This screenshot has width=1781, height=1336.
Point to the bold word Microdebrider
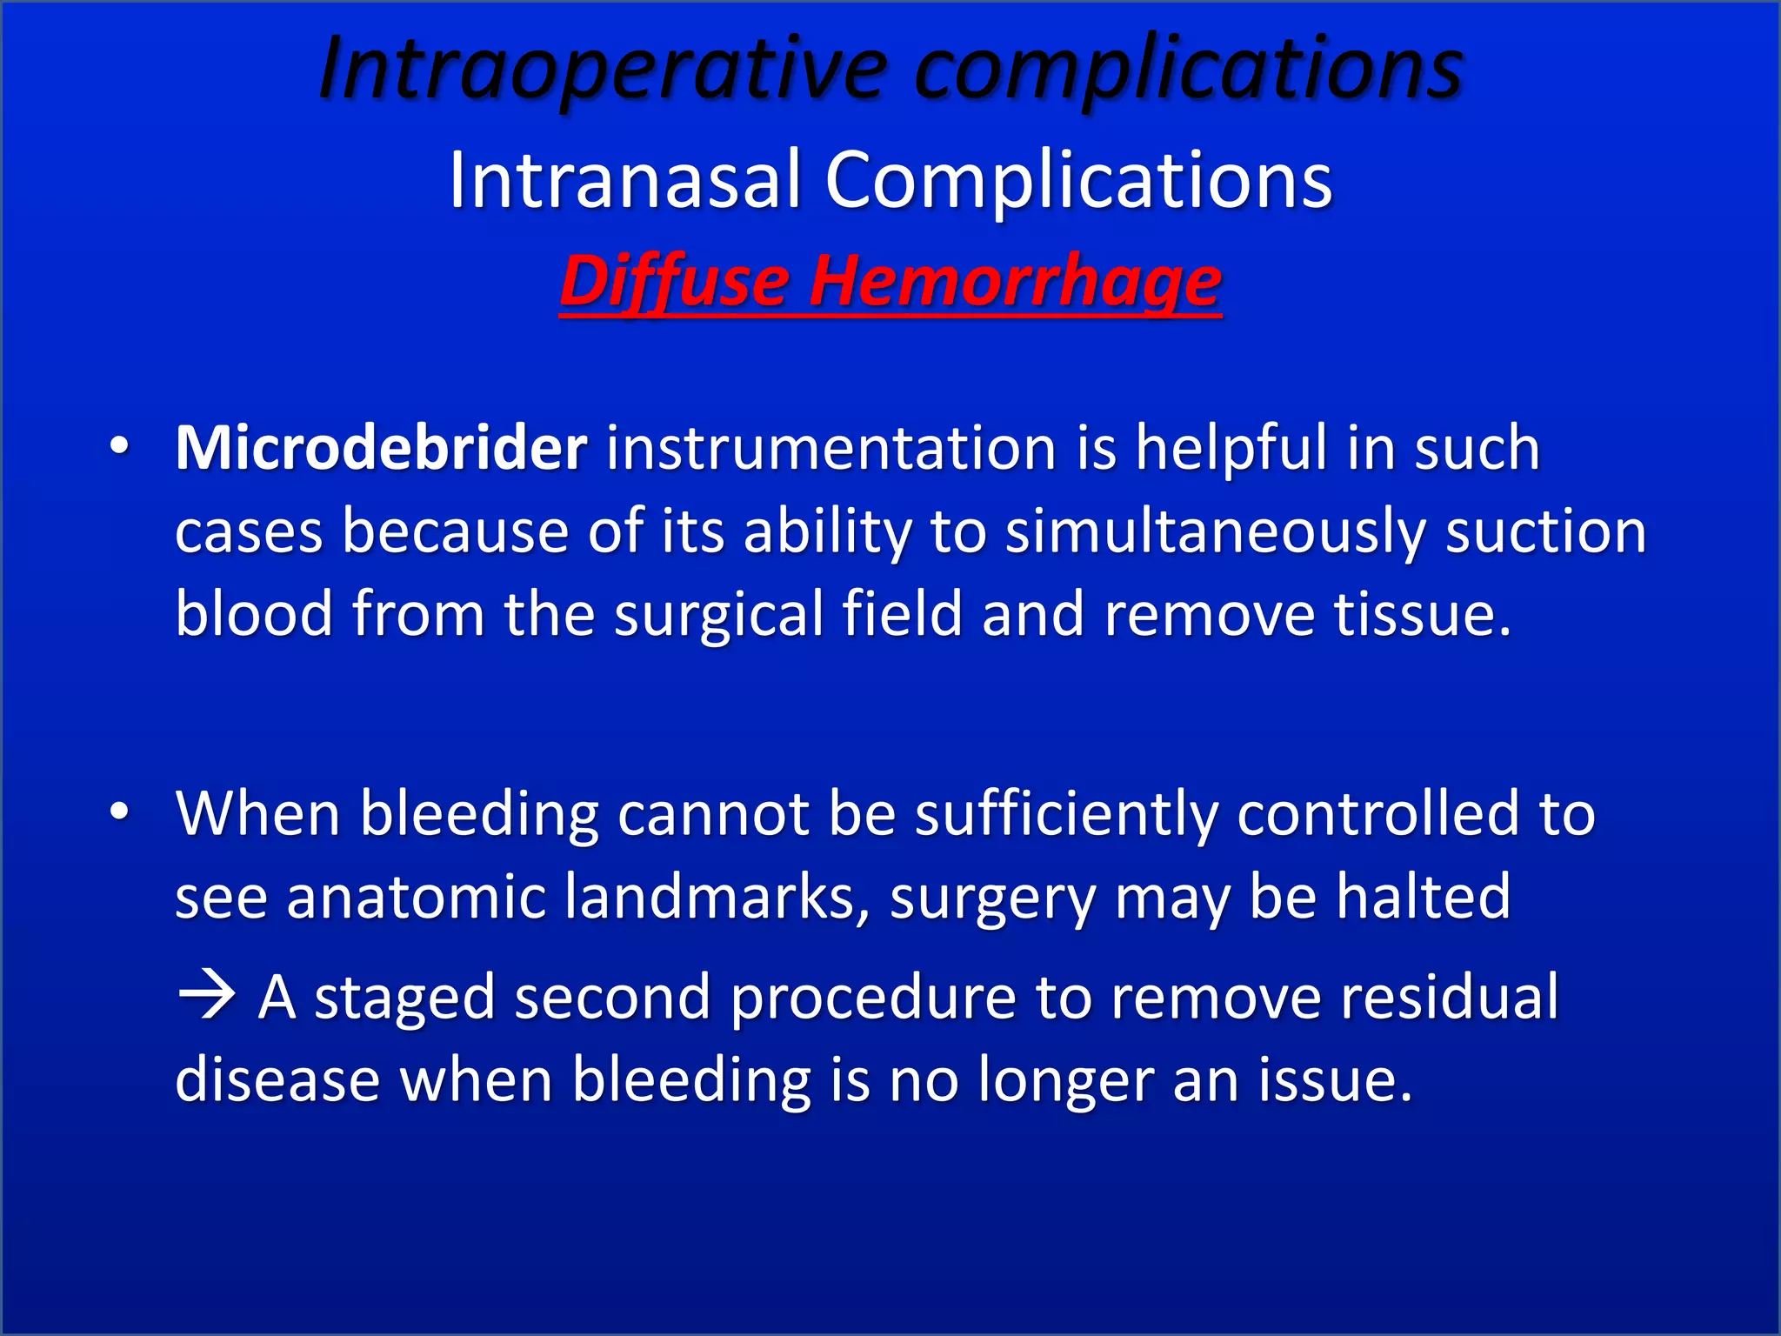tap(381, 448)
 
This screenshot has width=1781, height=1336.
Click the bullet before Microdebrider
tap(120, 446)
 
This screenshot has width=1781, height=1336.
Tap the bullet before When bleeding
tap(120, 812)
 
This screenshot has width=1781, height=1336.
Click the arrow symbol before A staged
tap(207, 996)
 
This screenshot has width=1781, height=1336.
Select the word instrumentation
tap(830, 448)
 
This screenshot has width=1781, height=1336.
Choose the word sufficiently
tap(1066, 814)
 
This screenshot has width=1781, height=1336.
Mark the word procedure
tap(873, 998)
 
